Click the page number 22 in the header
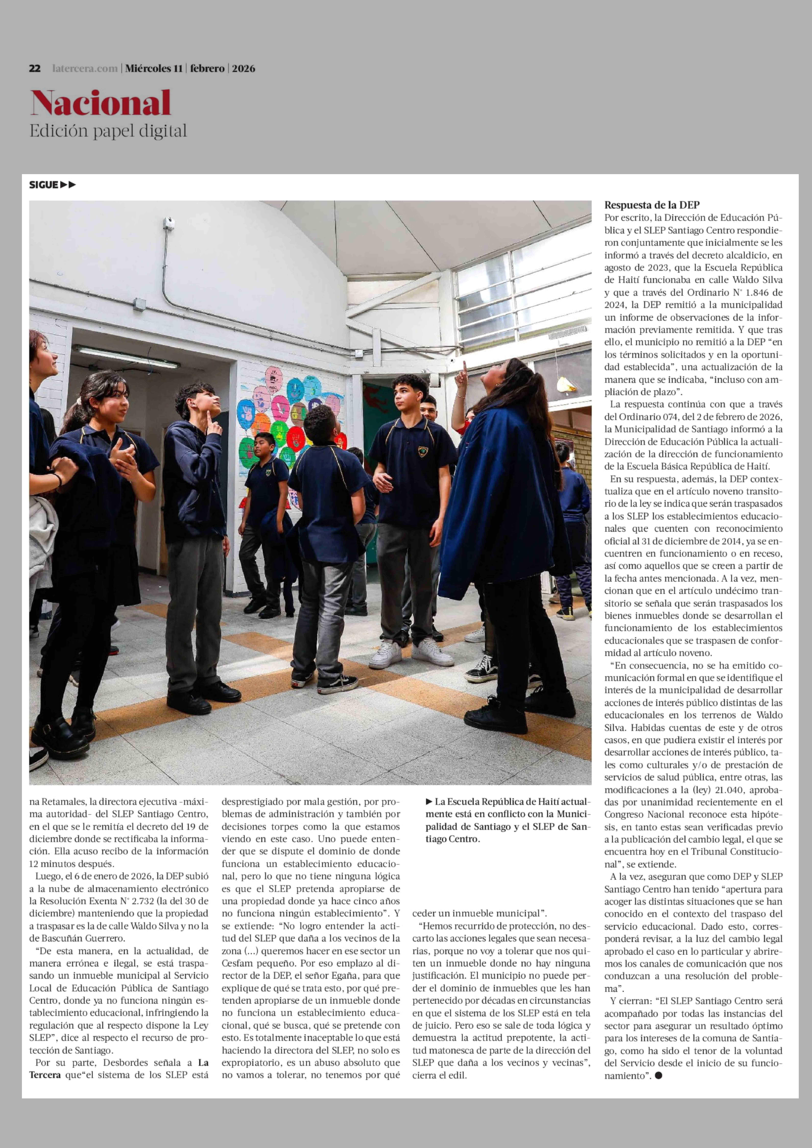point(35,68)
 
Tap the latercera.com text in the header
point(84,68)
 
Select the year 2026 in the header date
point(243,68)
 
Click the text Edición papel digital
point(108,131)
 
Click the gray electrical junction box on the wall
point(139,304)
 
